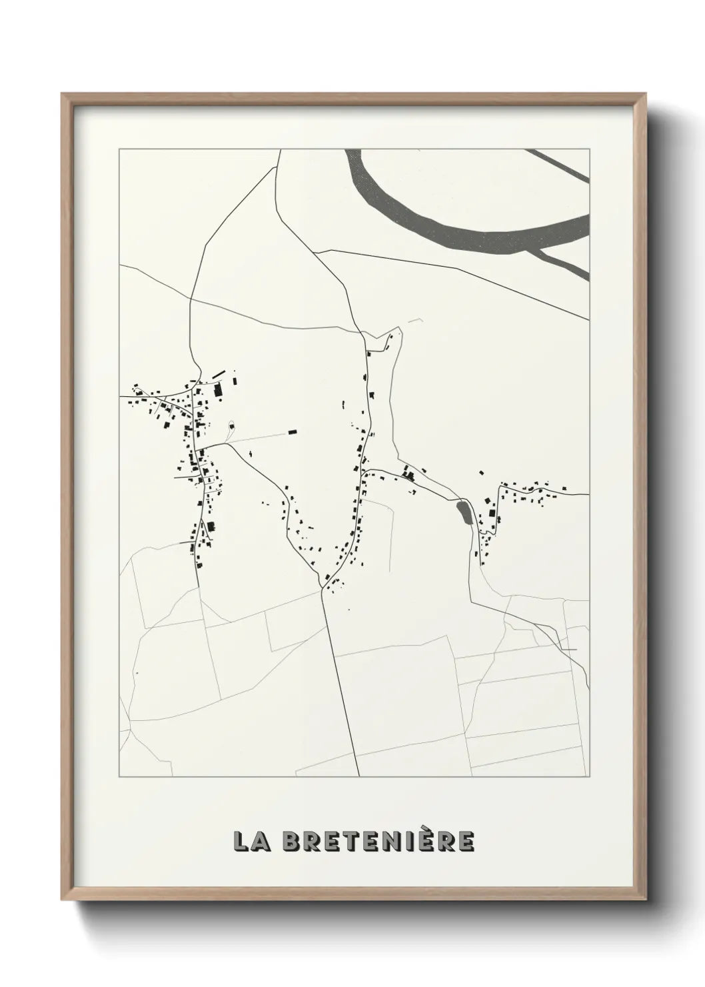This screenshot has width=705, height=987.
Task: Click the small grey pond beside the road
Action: pyautogui.click(x=462, y=513)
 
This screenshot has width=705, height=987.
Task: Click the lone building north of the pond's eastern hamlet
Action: pyautogui.click(x=480, y=473)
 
